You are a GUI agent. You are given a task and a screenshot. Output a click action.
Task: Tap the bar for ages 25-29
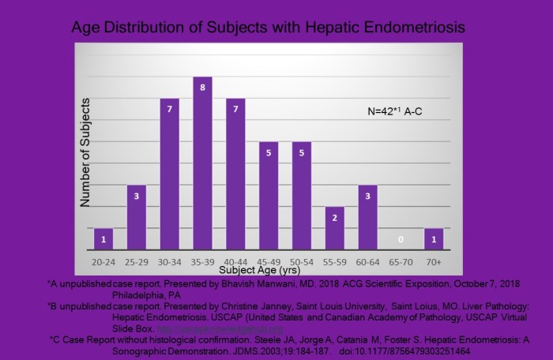coord(137,217)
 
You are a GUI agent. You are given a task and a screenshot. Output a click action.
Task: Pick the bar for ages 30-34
coord(170,174)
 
